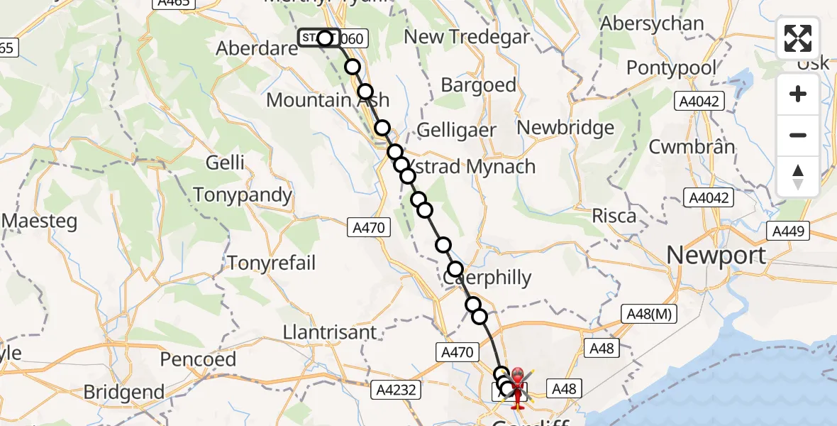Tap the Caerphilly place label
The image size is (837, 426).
(489, 278)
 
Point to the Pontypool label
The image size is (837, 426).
(672, 68)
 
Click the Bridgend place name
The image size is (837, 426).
(123, 391)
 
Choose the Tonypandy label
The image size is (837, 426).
(243, 195)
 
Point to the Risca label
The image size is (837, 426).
(614, 216)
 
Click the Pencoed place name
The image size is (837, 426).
(198, 359)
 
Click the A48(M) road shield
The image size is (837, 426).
(649, 314)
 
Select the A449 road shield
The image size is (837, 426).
(790, 231)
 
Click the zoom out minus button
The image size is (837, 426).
(798, 135)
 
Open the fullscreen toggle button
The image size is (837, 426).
(798, 38)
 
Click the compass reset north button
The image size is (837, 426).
(798, 176)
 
